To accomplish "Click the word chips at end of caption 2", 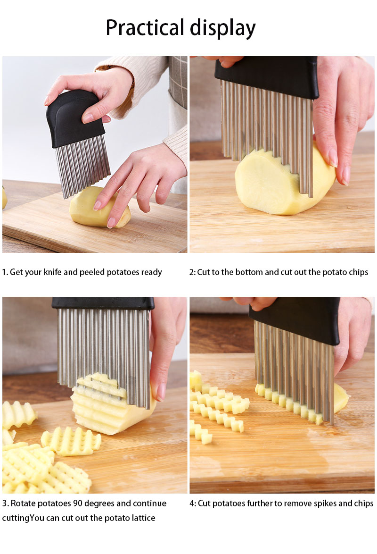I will pos(358,272).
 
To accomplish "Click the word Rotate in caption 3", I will pos(23,504).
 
